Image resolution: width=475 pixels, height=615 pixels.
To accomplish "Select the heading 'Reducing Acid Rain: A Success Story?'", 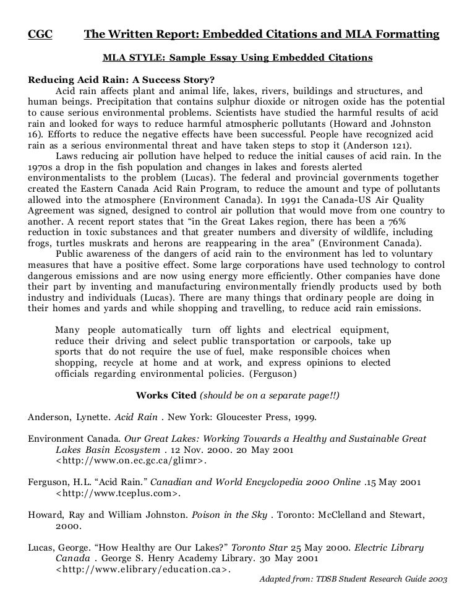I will click(121, 80).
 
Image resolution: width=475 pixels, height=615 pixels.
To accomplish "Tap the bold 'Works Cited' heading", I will click(166, 395).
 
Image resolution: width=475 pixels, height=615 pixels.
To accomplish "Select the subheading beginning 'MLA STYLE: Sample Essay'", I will click(237, 58).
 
